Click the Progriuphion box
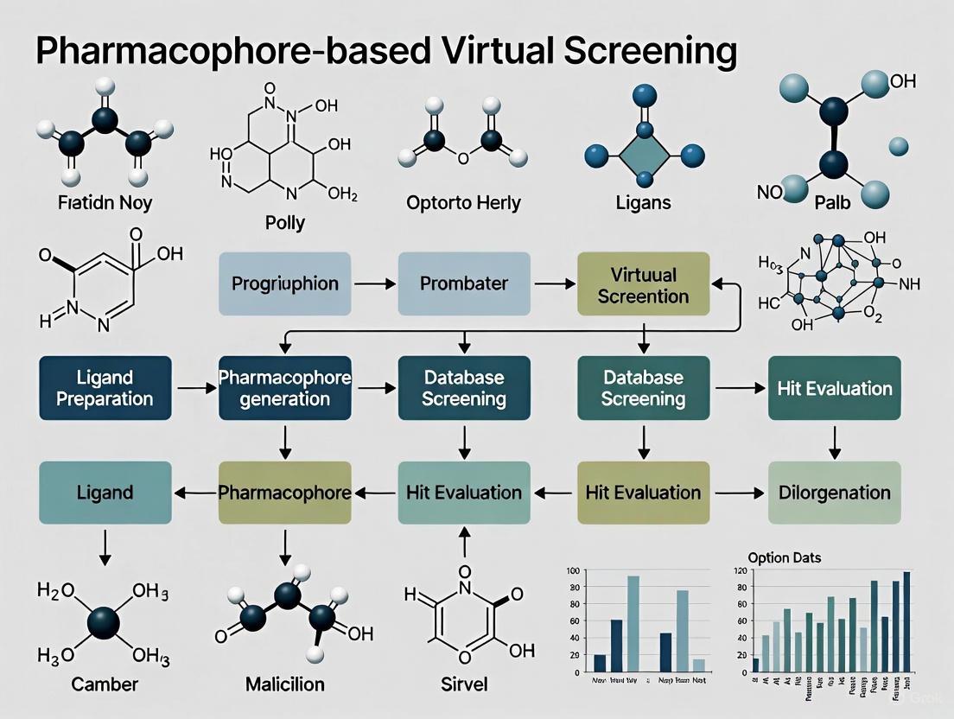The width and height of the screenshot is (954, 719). click(x=285, y=283)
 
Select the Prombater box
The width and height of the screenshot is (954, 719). click(x=463, y=283)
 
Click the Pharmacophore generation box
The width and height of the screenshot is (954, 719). click(x=285, y=388)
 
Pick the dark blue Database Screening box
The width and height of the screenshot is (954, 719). click(x=463, y=388)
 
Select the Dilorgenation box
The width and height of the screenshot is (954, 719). click(x=834, y=493)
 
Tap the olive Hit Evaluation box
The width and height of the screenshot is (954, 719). click(x=643, y=493)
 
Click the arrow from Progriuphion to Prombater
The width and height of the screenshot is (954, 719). click(x=374, y=283)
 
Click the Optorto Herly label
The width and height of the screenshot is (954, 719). click(x=463, y=203)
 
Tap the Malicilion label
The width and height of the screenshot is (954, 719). click(x=284, y=684)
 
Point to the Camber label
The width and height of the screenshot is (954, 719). click(x=104, y=684)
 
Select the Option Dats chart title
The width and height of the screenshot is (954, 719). click(x=785, y=558)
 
